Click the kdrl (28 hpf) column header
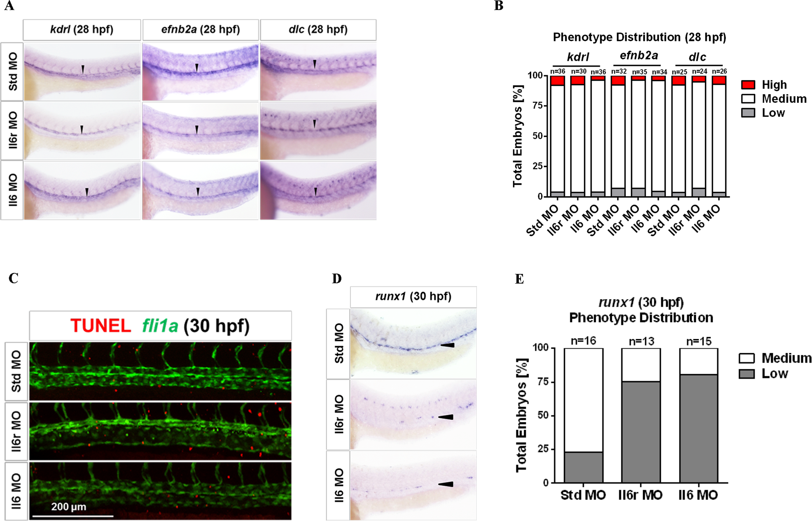point(82,30)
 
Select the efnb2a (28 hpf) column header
point(201,30)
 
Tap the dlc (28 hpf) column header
point(318,30)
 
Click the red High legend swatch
point(748,85)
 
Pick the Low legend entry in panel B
point(772,113)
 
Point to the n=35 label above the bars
point(639,72)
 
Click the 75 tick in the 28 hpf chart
point(537,106)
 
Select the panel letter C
point(13,279)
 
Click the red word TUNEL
point(100,326)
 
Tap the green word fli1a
point(160,326)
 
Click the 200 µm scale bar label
point(69,507)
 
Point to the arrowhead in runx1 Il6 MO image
point(446,484)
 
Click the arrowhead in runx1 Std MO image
point(448,345)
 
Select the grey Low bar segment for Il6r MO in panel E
point(641,432)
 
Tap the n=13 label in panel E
point(641,341)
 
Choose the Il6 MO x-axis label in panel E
point(698,495)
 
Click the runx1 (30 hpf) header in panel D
point(413,297)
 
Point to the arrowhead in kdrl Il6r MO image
point(82,129)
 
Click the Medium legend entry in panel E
point(786,358)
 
